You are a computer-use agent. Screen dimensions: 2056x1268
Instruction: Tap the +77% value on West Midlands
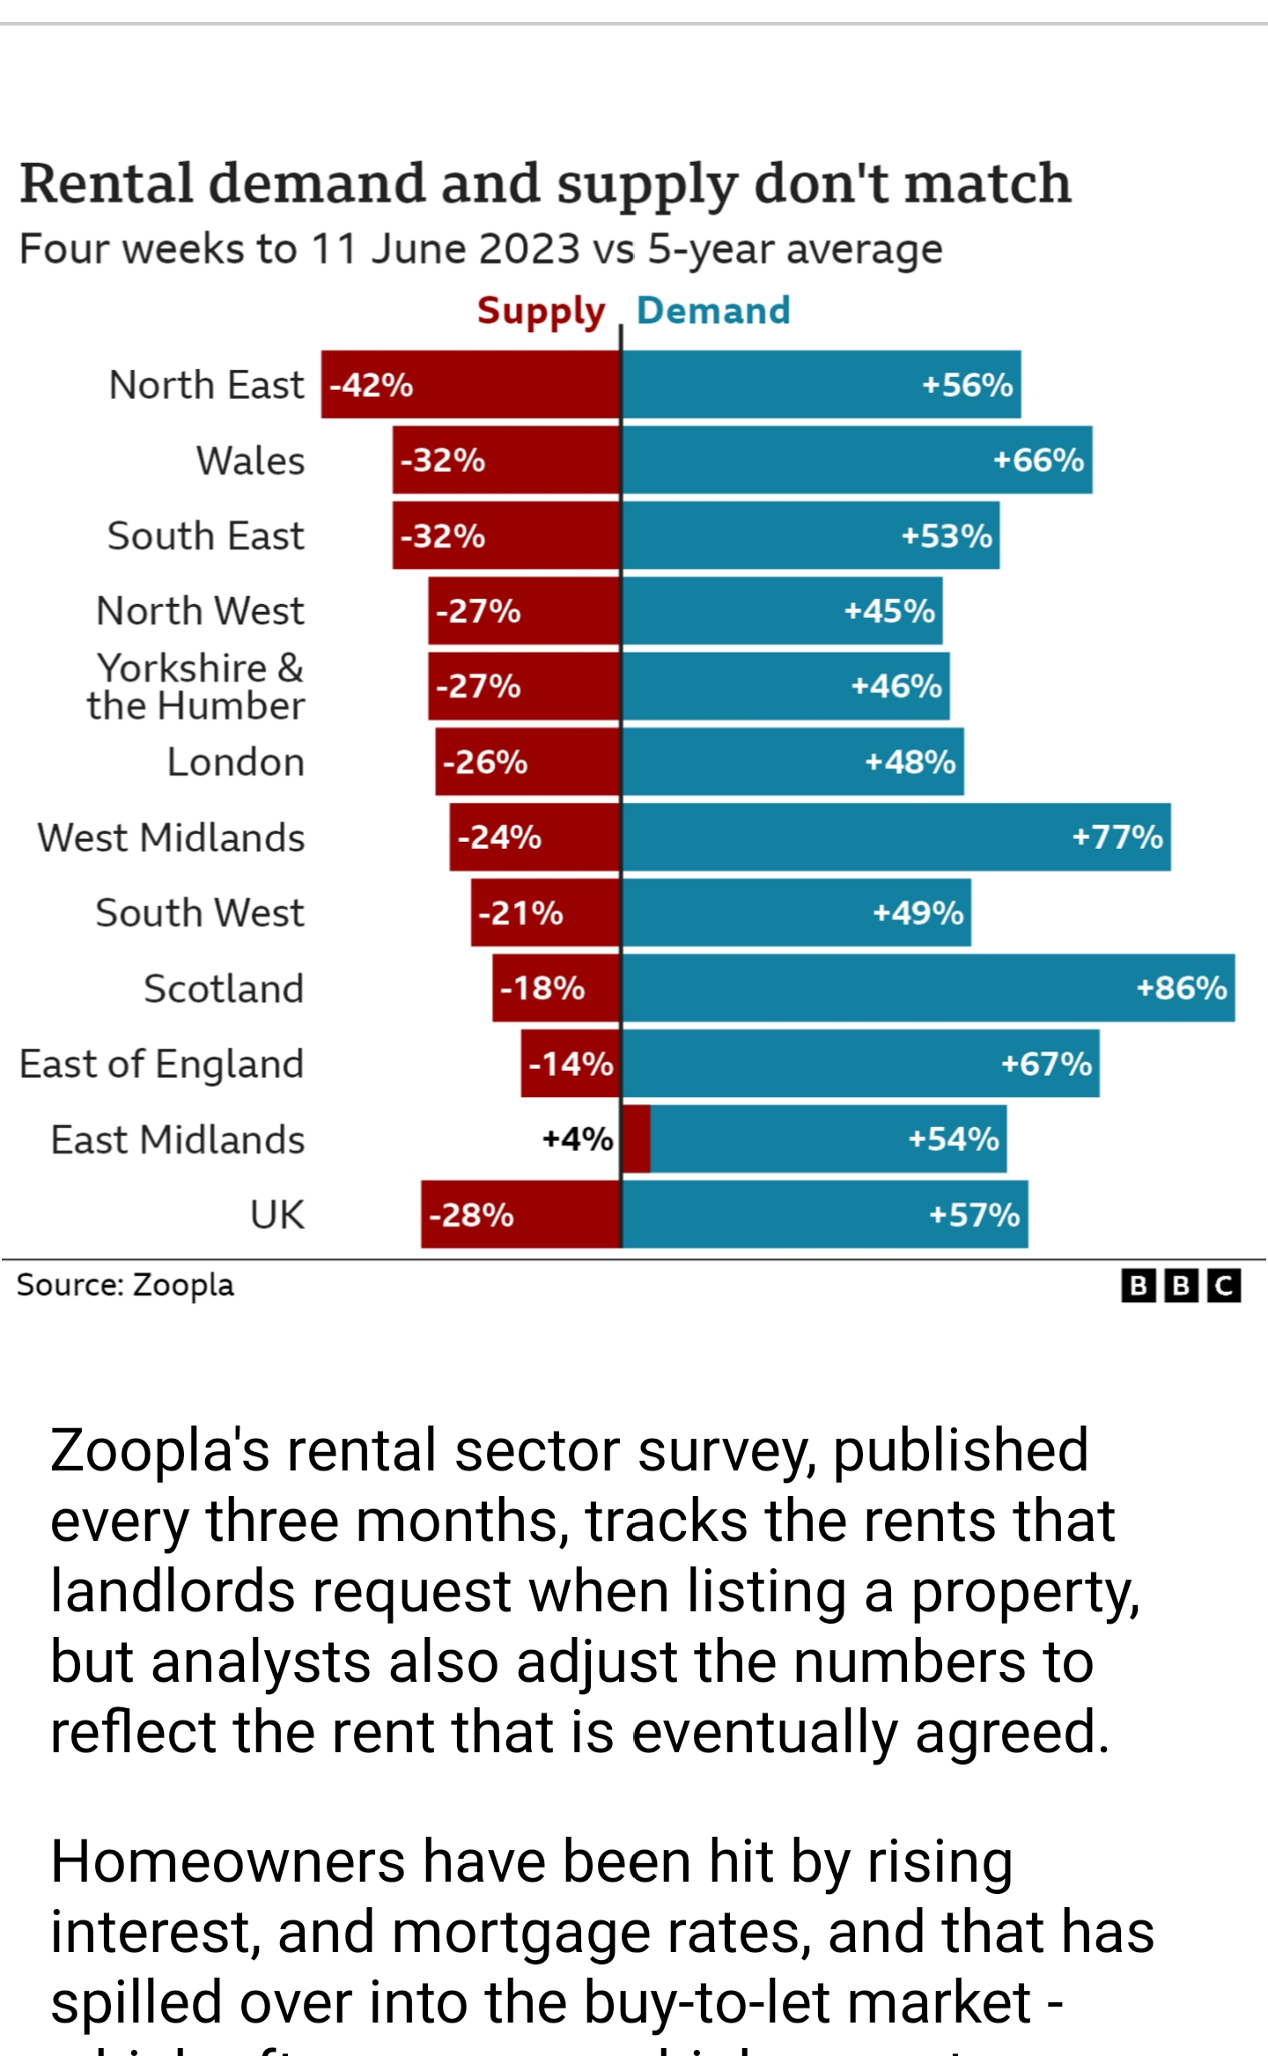click(x=1117, y=837)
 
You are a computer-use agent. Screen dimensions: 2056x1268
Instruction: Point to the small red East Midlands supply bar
click(x=636, y=1139)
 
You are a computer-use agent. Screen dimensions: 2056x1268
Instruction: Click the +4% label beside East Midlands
click(x=578, y=1139)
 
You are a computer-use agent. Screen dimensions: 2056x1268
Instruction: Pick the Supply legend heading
click(x=541, y=311)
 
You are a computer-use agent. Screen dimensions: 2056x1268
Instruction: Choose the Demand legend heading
click(x=713, y=311)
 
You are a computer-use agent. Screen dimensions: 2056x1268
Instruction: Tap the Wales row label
click(x=250, y=461)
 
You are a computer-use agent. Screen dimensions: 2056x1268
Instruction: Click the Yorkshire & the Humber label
click(x=196, y=687)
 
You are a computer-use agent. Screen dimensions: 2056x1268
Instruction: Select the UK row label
click(x=276, y=1215)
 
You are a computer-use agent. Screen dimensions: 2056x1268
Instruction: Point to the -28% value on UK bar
click(x=471, y=1215)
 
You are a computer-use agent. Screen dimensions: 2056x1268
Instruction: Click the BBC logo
click(x=1181, y=1286)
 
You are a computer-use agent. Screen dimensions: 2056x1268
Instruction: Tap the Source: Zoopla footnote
click(x=125, y=1286)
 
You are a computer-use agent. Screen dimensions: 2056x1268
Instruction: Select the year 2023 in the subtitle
click(x=529, y=249)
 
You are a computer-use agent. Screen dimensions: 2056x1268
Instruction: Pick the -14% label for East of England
click(x=571, y=1064)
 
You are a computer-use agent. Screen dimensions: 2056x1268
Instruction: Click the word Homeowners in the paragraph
click(x=227, y=1862)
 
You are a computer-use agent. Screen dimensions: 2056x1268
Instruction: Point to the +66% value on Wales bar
click(x=1038, y=460)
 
